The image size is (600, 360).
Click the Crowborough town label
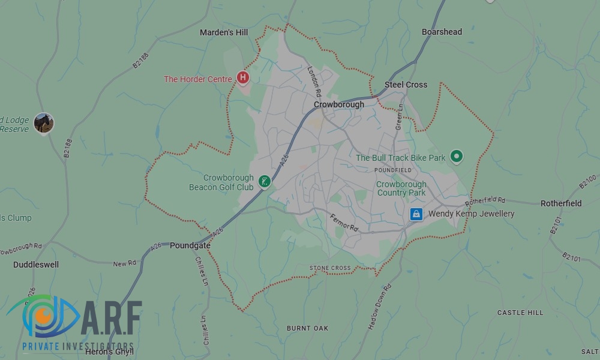(x=339, y=104)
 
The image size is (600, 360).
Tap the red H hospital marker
(x=242, y=77)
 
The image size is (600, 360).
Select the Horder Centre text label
(x=198, y=79)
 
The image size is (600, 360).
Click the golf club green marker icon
(x=264, y=181)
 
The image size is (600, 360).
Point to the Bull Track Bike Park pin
(x=457, y=157)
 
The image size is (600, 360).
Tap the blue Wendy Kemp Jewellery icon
(x=416, y=214)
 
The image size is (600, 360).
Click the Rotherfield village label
(x=561, y=203)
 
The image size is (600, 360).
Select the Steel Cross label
(x=406, y=85)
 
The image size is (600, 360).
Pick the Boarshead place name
(x=442, y=32)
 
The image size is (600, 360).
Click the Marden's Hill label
(x=224, y=32)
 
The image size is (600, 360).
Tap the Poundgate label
(x=190, y=245)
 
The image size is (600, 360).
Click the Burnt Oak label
(x=307, y=328)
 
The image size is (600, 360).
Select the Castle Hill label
(x=520, y=313)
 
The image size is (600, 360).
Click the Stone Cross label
(x=330, y=268)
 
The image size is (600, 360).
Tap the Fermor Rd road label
(x=344, y=222)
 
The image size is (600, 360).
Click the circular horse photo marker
(x=44, y=122)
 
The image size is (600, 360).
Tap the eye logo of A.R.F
(x=42, y=316)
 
